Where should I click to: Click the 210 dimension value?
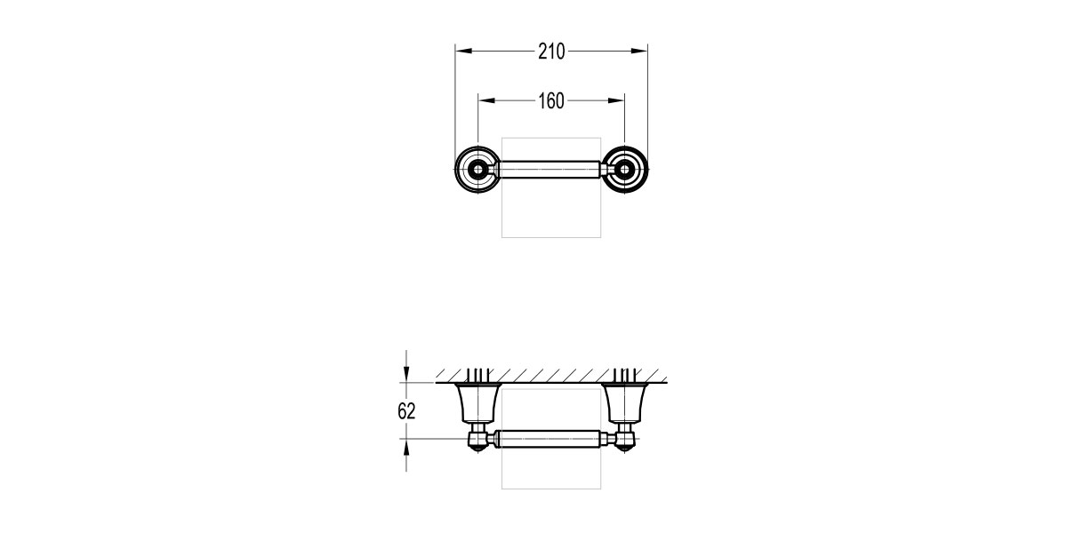[551, 52]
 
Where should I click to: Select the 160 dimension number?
[551, 101]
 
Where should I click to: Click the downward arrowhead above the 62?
[406, 376]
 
